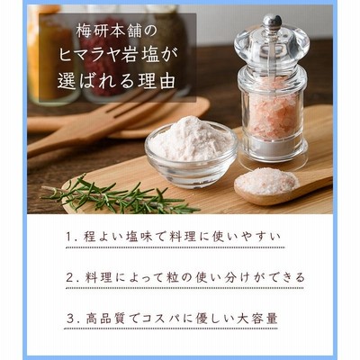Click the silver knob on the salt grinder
[272, 22]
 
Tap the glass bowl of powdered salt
[191, 151]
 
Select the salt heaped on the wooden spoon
[266, 181]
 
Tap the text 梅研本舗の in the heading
[116, 31]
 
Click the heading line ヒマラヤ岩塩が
[118, 56]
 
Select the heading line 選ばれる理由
[116, 80]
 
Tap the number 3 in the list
[70, 319]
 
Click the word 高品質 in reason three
[103, 319]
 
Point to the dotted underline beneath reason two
[184, 289]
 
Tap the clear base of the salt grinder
[273, 153]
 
